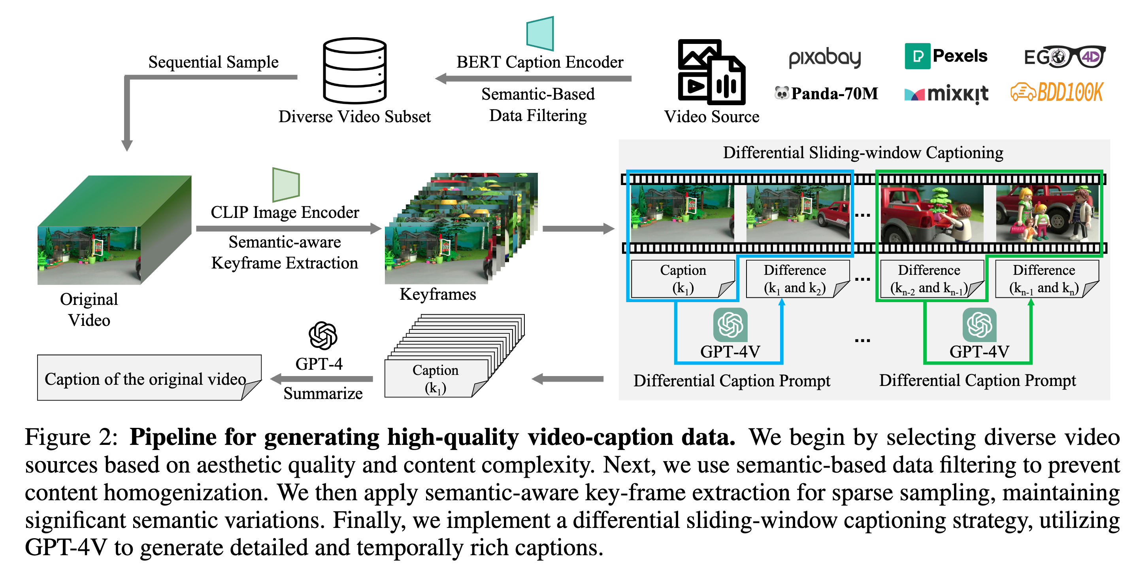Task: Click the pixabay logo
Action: click(x=824, y=58)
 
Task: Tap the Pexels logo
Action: click(x=946, y=56)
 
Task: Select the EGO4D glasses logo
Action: click(x=1064, y=57)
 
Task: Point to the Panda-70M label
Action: click(x=827, y=93)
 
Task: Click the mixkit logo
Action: click(x=946, y=94)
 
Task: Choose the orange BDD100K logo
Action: click(x=1056, y=92)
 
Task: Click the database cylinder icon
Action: click(x=355, y=70)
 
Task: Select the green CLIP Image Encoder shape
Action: click(x=286, y=184)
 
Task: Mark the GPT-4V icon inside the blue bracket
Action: click(x=730, y=325)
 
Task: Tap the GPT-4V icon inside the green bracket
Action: click(x=979, y=325)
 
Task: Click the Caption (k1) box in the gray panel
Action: click(x=683, y=279)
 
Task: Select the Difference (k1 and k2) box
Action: click(x=795, y=279)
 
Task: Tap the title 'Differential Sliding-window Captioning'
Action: click(x=863, y=153)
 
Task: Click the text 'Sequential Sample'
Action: click(x=213, y=62)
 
